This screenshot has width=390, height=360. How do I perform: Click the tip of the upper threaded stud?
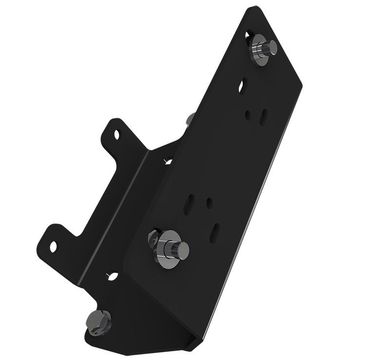(x=273, y=47)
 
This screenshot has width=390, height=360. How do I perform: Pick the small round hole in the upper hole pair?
(x=249, y=115)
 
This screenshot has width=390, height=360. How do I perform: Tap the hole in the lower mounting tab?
(x=53, y=244)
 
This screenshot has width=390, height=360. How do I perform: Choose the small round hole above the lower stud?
(x=210, y=201)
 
